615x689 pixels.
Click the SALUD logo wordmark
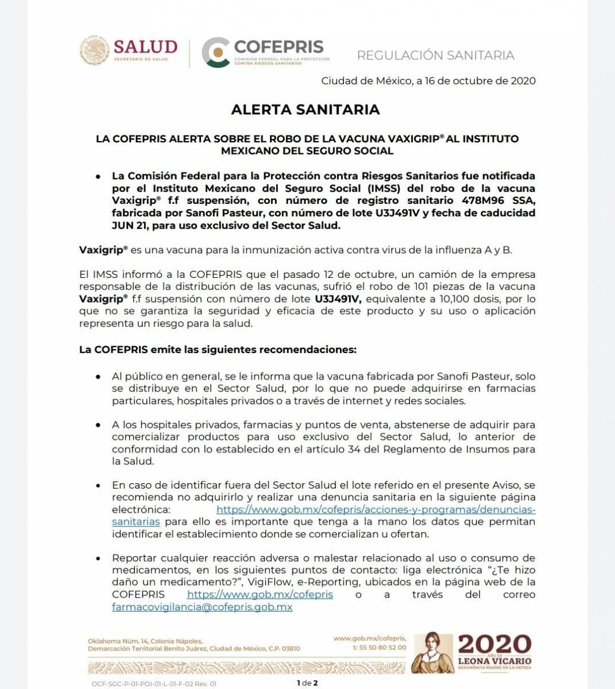point(145,47)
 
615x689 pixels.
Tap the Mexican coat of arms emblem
point(94,51)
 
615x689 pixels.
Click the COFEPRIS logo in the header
point(265,52)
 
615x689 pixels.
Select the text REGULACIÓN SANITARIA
point(435,55)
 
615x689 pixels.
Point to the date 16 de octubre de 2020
point(480,80)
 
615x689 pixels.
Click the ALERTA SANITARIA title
point(305,110)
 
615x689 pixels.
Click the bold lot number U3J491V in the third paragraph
point(338,299)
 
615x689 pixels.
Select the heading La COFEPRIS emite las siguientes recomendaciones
point(218,349)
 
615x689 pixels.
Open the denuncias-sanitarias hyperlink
point(376,509)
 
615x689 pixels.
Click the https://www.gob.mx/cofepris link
point(260,594)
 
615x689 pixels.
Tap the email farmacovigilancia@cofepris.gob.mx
point(202,607)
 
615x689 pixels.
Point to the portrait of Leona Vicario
point(431,653)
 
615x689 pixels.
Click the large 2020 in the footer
point(494,644)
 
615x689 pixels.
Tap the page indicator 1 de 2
point(307,683)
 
